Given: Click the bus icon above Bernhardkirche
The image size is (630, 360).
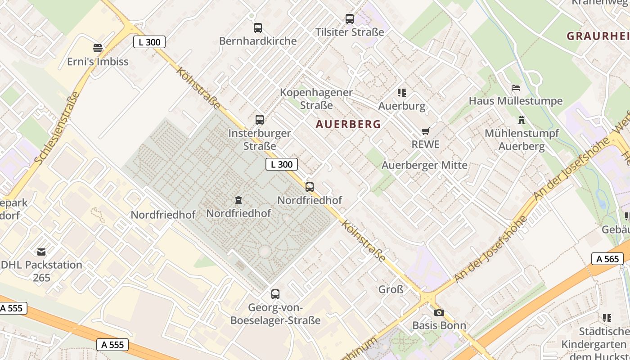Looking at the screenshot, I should (258, 28).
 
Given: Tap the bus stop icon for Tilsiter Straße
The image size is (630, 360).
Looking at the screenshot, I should (350, 19).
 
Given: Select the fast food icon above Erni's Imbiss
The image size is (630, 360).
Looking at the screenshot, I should (98, 48).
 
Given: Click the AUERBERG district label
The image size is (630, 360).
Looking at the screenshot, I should (348, 124).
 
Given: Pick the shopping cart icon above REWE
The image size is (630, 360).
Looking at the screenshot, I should (425, 131).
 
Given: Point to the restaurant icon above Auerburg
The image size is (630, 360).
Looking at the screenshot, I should (402, 93).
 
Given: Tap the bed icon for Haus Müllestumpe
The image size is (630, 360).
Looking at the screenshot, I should (516, 88).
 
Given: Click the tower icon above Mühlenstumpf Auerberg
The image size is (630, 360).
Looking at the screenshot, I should (522, 120).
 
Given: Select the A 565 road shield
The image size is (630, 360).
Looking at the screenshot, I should (607, 259).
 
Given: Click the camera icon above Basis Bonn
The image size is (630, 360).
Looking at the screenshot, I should (439, 312).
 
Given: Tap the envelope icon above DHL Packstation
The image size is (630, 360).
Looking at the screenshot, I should (41, 252).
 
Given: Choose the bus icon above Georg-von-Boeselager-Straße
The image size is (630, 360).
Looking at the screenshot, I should (275, 294).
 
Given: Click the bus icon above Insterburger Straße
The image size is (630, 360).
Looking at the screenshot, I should (260, 120).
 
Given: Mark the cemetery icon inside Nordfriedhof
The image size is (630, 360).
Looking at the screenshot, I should (238, 200).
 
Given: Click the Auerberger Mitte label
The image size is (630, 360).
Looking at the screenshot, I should (424, 165).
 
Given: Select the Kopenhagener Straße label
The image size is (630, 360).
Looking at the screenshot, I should (316, 99).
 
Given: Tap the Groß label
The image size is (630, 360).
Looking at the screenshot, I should (391, 289).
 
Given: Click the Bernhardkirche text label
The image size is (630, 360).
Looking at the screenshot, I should (258, 41).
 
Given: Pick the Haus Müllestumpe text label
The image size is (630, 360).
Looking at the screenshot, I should (516, 101).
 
